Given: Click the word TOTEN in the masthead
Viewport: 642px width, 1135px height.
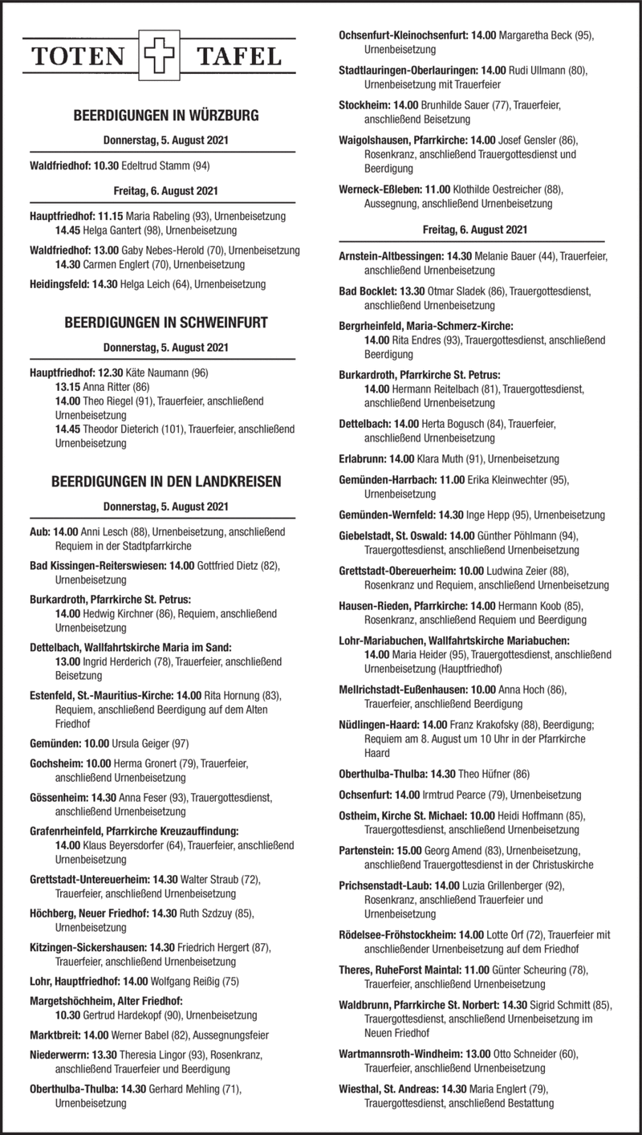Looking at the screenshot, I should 79,57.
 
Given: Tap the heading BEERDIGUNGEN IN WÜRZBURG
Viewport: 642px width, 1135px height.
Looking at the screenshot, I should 166,116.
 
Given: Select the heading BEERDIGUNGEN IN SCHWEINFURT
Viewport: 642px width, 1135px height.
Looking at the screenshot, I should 166,323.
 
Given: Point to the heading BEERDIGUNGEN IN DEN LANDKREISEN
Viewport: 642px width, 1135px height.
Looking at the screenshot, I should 166,482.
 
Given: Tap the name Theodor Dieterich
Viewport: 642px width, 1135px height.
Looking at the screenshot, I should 121,429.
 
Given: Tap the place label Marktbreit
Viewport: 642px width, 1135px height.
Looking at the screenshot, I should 55,1034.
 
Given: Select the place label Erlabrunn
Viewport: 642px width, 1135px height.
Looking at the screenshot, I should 363,459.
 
